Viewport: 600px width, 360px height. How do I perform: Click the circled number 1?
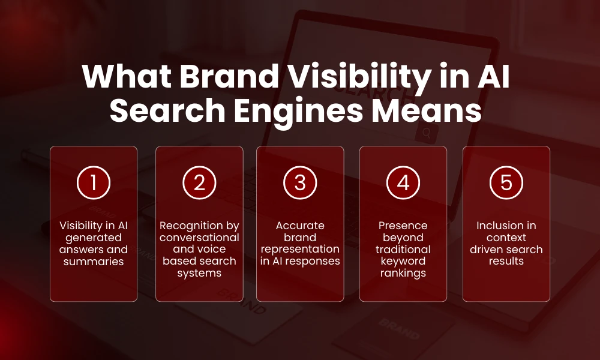coord(93,183)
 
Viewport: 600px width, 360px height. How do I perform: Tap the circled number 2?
coord(199,183)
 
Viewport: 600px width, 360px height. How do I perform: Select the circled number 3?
coord(300,183)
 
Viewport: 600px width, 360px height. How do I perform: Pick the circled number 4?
coord(403,183)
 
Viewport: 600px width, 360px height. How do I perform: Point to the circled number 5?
coord(506,183)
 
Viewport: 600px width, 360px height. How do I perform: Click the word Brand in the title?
coord(215,79)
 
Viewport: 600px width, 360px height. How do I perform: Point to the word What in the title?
coord(119,79)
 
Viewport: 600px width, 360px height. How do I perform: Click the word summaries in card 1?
coord(94,262)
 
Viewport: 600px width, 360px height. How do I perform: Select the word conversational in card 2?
coord(199,238)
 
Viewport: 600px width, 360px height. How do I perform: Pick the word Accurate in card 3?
coord(300,226)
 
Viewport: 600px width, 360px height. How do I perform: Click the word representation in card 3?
coord(300,250)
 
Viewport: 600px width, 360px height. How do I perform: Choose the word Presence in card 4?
coord(403,226)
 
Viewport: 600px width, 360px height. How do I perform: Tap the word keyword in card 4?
coord(403,262)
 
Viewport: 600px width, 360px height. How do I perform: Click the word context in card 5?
coord(506,238)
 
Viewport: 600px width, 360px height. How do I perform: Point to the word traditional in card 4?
coord(403,250)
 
